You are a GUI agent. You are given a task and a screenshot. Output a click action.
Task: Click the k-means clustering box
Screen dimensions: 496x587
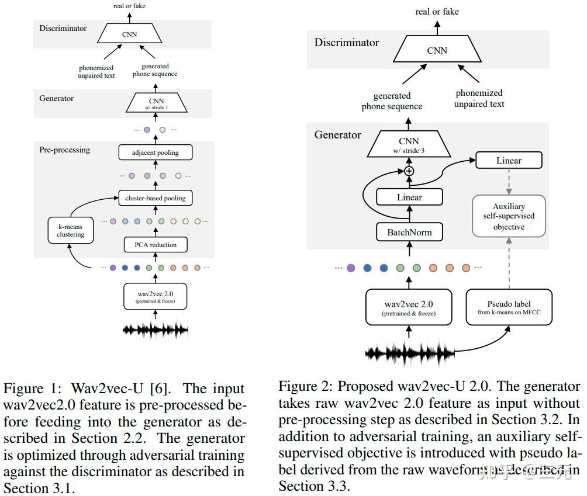pos(71,230)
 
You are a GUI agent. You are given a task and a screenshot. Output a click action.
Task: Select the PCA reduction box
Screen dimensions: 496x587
pos(155,244)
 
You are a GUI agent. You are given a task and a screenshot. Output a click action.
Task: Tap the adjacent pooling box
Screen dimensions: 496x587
pos(155,152)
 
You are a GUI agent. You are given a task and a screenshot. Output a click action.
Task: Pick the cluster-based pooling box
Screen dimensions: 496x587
pos(155,198)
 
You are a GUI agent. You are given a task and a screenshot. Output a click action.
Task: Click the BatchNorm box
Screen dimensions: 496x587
pos(409,232)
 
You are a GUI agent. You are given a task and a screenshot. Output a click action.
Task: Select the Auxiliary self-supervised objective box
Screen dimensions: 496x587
pos(509,216)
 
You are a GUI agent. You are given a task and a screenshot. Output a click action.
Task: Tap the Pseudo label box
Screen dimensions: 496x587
pos(508,307)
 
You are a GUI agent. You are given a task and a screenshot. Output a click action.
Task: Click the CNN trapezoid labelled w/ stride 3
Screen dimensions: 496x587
pos(409,144)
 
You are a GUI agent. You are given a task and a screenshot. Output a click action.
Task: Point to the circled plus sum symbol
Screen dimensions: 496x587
pos(409,171)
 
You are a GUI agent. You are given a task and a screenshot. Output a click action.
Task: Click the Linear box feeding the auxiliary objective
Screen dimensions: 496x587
pos(509,160)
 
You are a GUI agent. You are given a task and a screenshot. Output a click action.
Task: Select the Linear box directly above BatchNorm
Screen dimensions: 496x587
pos(409,197)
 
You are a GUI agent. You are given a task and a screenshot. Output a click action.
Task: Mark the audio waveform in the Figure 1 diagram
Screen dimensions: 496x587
pos(156,330)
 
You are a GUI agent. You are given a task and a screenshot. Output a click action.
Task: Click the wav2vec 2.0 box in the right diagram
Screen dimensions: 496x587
pos(409,307)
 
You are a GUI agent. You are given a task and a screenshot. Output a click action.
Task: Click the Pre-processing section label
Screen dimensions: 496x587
pos(64,150)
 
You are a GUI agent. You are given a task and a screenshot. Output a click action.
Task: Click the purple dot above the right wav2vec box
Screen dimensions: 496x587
pos(351,268)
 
